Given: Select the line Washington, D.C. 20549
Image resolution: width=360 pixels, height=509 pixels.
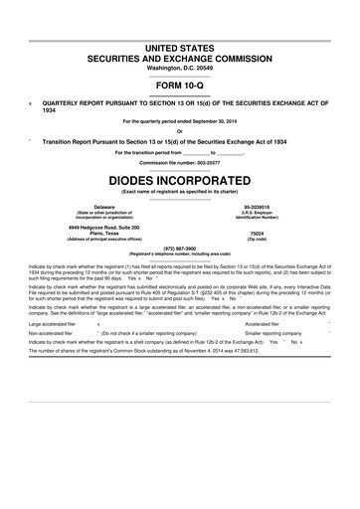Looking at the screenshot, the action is (x=179, y=67).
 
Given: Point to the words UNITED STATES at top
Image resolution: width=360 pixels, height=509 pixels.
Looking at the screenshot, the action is (x=179, y=47).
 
